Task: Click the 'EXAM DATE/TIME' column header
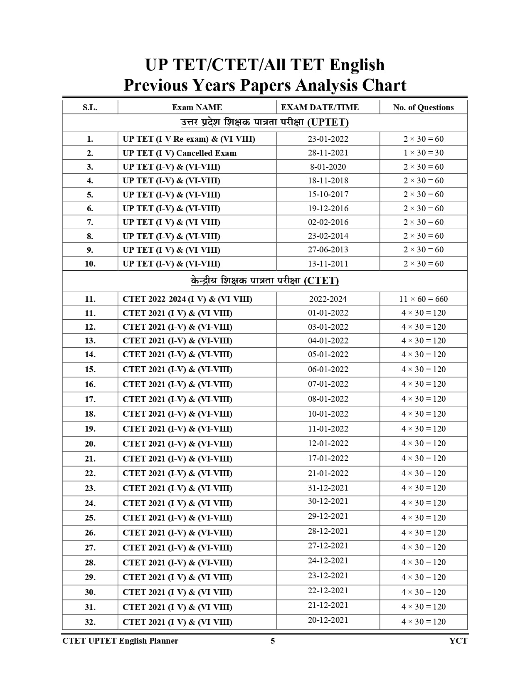(x=320, y=107)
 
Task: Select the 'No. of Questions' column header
(x=423, y=107)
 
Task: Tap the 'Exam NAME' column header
(x=197, y=107)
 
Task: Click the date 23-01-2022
(x=328, y=139)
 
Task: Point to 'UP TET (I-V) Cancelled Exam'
(x=180, y=153)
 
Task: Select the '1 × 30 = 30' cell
(x=423, y=153)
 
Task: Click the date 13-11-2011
(x=328, y=264)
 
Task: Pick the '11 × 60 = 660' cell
(x=423, y=299)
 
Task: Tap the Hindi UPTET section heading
(x=265, y=122)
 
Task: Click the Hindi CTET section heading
(x=265, y=281)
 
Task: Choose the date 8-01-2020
(x=328, y=167)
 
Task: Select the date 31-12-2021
(x=328, y=488)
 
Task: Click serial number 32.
(x=90, y=622)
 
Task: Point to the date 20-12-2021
(x=328, y=620)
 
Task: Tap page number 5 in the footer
(x=273, y=641)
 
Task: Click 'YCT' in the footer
(x=458, y=641)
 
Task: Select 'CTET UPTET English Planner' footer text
(x=120, y=641)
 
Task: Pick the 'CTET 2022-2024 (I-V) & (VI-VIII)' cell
(x=187, y=299)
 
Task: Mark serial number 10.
(x=90, y=264)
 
